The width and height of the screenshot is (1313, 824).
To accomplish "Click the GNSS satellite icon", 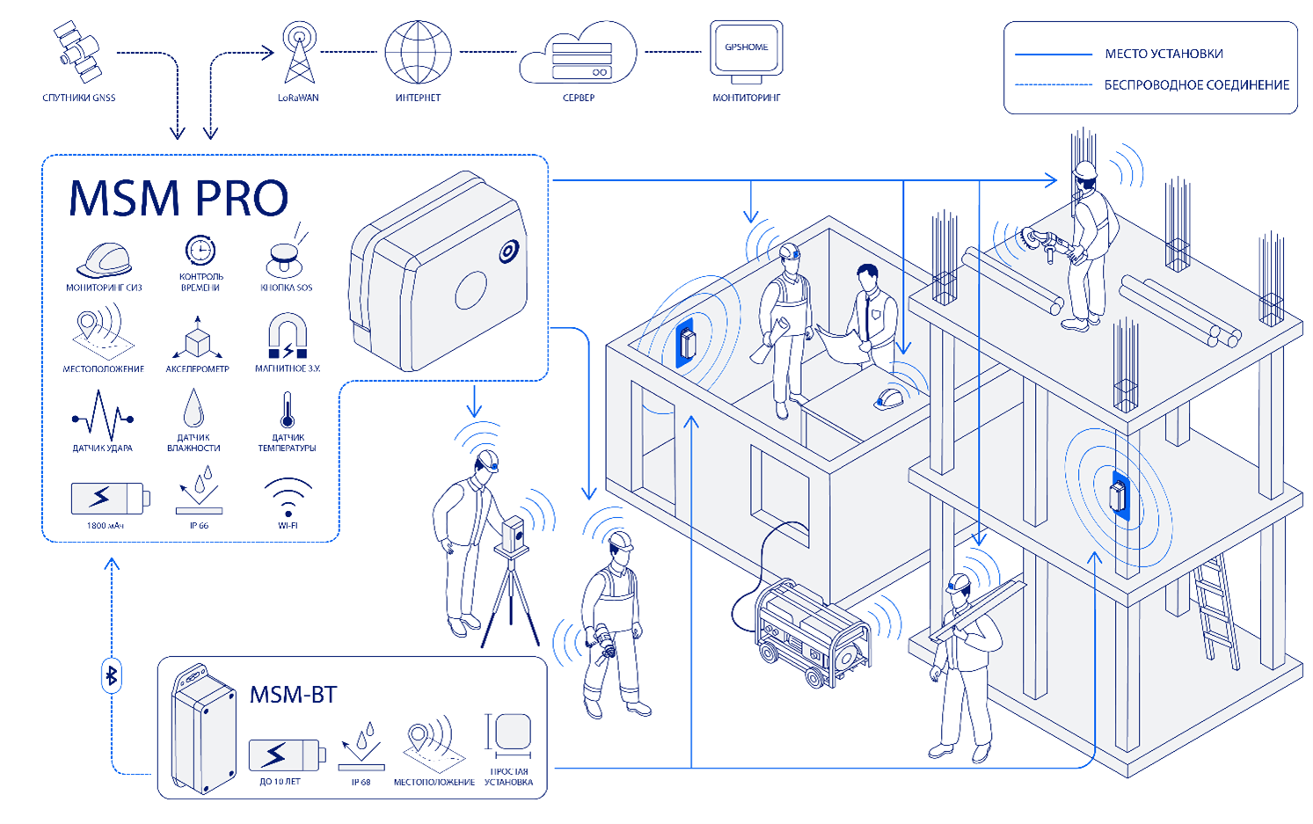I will (77, 52).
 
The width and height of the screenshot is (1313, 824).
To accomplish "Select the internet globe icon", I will (418, 52).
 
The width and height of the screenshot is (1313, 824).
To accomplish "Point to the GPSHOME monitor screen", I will (746, 48).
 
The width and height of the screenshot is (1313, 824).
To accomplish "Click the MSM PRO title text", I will (179, 199).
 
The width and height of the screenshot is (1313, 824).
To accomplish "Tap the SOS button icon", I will (284, 259).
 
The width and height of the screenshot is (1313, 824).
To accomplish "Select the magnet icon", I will (288, 338).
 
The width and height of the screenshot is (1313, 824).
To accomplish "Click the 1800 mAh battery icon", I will (109, 498).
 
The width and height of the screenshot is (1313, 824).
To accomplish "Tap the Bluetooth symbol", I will (112, 675).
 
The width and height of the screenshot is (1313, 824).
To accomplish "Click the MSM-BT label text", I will (293, 695).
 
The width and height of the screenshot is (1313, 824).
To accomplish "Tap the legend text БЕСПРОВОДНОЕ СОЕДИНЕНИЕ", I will (1196, 85).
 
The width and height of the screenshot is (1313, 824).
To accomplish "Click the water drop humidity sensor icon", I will (193, 409).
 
